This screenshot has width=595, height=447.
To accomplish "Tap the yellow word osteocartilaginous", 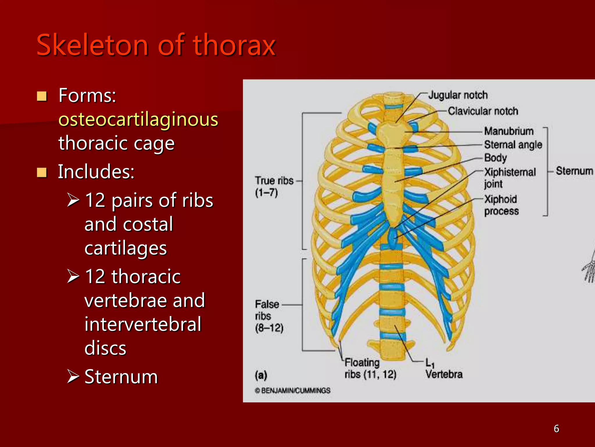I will [138, 119].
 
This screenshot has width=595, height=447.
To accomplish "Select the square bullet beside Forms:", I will [42, 96].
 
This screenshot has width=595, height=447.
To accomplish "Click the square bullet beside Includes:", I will [42, 172].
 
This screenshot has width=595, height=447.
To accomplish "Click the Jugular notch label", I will [458, 95].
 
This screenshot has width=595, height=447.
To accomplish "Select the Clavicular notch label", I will [483, 111].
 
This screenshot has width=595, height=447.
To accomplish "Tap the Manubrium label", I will [509, 131].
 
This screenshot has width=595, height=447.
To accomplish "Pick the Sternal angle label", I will [513, 144].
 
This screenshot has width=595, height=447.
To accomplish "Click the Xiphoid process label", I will [501, 205].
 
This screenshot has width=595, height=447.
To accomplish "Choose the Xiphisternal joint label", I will [510, 178].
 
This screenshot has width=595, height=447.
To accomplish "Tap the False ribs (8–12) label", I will [269, 316].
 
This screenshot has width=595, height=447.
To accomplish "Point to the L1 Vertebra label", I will [444, 369].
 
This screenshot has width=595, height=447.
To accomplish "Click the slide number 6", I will [556, 429].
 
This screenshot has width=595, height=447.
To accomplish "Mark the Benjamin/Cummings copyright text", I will [293, 391].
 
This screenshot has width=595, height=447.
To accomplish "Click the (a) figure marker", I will [261, 375].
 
